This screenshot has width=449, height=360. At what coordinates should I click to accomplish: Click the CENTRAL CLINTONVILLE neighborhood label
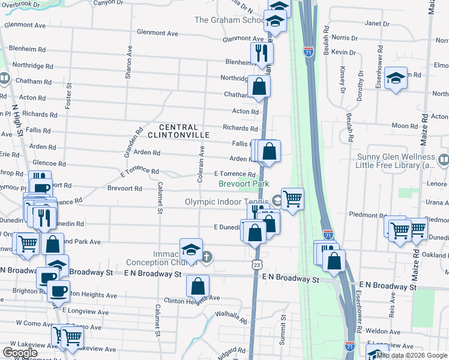tap(184, 131)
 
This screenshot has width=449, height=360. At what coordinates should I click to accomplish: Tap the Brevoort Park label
tap(244, 184)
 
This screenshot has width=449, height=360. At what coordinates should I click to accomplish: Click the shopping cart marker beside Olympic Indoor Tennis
tap(292, 198)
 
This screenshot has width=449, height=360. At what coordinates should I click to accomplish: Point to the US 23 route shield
tap(256, 264)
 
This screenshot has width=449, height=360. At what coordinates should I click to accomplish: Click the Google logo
tap(20, 353)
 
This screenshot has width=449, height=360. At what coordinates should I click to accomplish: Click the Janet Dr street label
tap(377, 24)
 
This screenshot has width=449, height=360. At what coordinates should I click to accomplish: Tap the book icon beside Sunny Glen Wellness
tap(443, 160)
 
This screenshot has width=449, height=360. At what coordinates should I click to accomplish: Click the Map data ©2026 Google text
tap(412, 355)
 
